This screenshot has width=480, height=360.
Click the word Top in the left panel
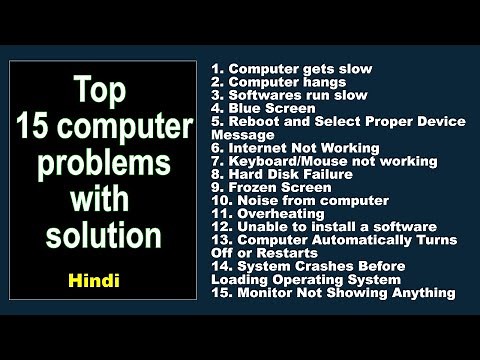[x=100, y=93]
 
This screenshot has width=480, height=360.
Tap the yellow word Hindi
[x=97, y=282]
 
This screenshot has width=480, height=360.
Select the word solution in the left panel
[x=103, y=237]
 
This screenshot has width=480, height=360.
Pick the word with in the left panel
[x=100, y=201]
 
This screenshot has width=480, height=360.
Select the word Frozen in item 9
[x=254, y=187]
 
